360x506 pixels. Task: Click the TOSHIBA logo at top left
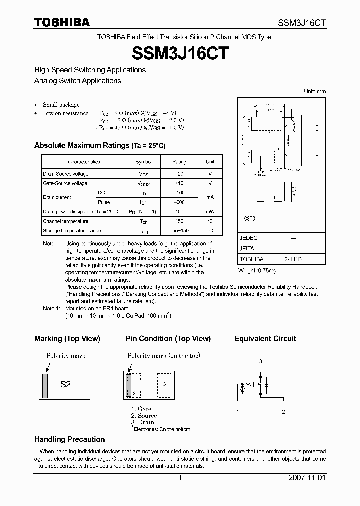(x=62, y=22)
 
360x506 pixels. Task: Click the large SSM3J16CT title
(x=179, y=53)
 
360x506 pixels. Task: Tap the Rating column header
(x=179, y=162)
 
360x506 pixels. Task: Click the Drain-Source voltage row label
(x=66, y=174)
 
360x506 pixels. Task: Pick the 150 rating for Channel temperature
(x=179, y=221)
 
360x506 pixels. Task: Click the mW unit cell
(x=210, y=212)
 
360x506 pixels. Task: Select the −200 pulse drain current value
(x=179, y=202)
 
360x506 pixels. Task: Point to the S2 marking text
(x=65, y=384)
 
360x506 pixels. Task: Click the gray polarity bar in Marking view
(x=45, y=385)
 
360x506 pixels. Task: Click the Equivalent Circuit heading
(x=265, y=339)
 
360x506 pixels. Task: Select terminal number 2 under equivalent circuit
(x=283, y=412)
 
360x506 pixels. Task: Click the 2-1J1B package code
(x=293, y=259)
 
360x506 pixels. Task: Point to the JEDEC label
(x=249, y=238)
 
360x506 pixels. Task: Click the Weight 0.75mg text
(x=257, y=270)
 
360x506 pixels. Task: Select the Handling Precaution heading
(x=69, y=439)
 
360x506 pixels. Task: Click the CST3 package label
(x=249, y=219)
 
